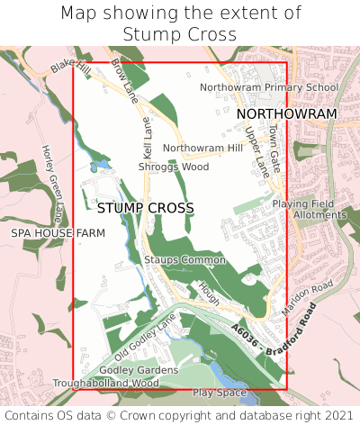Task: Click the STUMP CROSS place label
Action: [145, 208]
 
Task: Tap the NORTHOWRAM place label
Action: [286, 114]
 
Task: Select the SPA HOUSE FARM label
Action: [58, 233]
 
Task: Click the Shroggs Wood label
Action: [174, 167]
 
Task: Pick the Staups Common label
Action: [184, 260]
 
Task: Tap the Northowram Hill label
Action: [202, 148]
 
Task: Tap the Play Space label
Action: [219, 393]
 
